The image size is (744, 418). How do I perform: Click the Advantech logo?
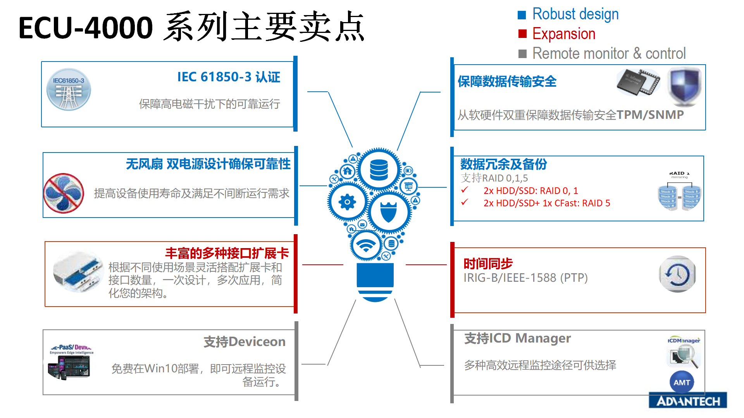click(x=688, y=401)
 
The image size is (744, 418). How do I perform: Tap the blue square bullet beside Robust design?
click(x=522, y=15)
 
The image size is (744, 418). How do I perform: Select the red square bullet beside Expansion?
click(x=522, y=34)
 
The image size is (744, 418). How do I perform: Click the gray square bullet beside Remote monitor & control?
click(x=522, y=54)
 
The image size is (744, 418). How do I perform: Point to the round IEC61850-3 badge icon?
click(x=69, y=89)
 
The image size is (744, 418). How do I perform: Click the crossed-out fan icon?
click(x=64, y=193)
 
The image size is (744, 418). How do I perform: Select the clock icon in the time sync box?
click(x=678, y=274)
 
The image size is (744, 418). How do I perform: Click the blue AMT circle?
click(x=682, y=382)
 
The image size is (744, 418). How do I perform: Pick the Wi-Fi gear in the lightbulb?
click(x=366, y=245)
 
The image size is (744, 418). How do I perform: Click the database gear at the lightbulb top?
click(x=379, y=170)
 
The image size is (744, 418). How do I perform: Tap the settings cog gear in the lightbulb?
click(x=347, y=202)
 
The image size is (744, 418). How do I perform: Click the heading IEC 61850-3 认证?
click(x=229, y=77)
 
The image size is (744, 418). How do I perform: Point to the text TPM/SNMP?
click(x=650, y=115)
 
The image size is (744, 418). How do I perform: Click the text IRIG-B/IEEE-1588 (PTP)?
click(x=525, y=278)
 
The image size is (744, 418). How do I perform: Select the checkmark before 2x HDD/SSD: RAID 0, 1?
click(x=465, y=190)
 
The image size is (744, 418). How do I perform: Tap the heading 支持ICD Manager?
click(x=517, y=338)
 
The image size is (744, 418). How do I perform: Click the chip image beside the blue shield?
click(x=639, y=82)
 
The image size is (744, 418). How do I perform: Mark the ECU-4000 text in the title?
click(x=86, y=28)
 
